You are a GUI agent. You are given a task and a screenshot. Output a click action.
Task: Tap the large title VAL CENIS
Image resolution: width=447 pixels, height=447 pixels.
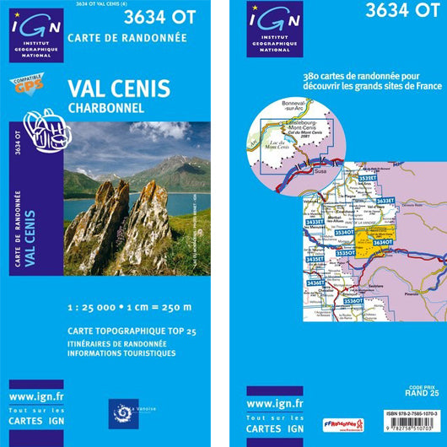tap(118, 89)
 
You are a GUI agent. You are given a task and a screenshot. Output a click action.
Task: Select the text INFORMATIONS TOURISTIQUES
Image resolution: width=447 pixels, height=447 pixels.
tap(121, 353)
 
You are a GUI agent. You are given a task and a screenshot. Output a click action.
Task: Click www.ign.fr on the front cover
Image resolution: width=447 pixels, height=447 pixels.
tap(37, 396)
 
